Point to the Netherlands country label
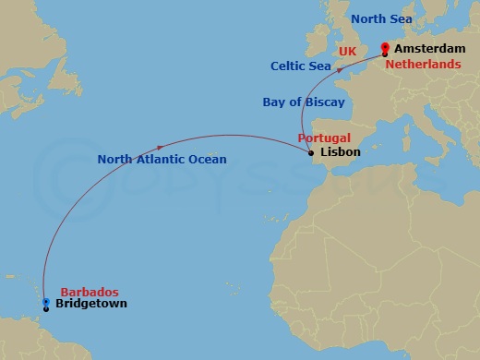pos(423,66)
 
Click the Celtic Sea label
pos(301,66)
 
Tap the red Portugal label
pos(324,138)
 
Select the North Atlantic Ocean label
pos(162,160)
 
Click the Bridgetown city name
pos(91,304)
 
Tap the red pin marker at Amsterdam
pos(385,49)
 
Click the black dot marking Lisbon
pos(312,153)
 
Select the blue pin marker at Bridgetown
pos(46,301)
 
